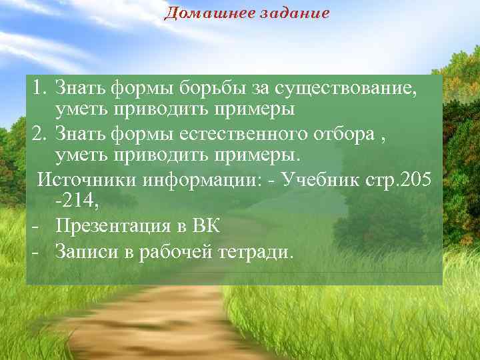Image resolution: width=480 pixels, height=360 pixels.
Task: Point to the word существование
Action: point(350,87)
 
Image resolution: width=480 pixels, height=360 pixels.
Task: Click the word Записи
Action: point(85,252)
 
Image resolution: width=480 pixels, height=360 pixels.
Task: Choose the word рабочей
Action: point(175,252)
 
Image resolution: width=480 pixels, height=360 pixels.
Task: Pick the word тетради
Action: point(257,252)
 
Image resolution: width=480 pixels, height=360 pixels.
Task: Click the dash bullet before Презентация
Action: point(33,227)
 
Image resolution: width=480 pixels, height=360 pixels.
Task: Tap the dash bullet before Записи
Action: point(33,252)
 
